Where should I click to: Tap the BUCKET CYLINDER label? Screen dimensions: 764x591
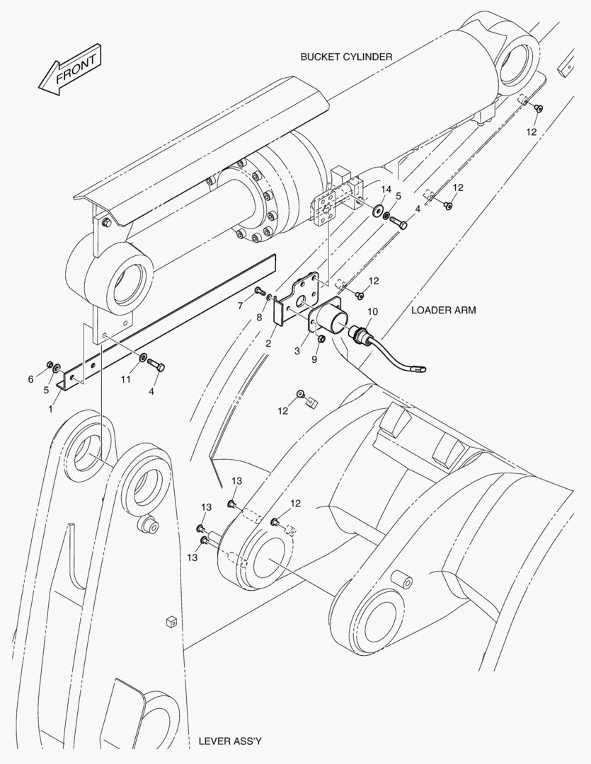[345, 57]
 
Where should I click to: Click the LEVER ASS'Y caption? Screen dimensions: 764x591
[230, 741]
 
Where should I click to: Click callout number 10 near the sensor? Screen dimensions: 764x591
[372, 311]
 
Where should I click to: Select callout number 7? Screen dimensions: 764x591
[240, 306]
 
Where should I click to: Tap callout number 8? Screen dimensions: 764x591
[260, 318]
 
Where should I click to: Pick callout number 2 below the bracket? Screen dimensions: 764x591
[269, 343]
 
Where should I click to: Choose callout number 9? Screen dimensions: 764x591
[314, 359]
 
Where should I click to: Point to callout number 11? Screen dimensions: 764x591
[125, 380]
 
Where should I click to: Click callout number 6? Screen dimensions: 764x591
[30, 379]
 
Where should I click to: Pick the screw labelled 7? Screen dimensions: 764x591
[258, 290]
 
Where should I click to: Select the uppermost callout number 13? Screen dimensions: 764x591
[236, 481]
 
